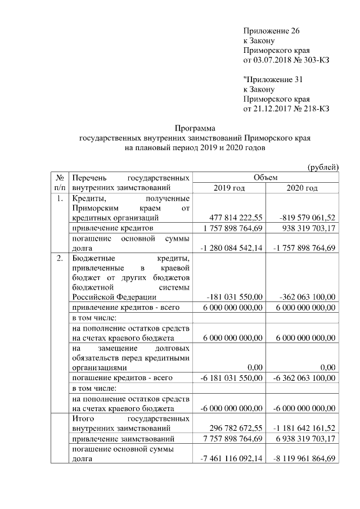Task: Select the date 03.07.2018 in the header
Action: [273, 60]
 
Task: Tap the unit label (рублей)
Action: [323, 166]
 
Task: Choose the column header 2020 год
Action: [301, 188]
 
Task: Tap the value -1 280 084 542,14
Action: [231, 248]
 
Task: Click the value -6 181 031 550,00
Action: [231, 378]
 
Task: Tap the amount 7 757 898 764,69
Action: [231, 439]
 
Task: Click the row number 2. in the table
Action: [60, 259]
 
